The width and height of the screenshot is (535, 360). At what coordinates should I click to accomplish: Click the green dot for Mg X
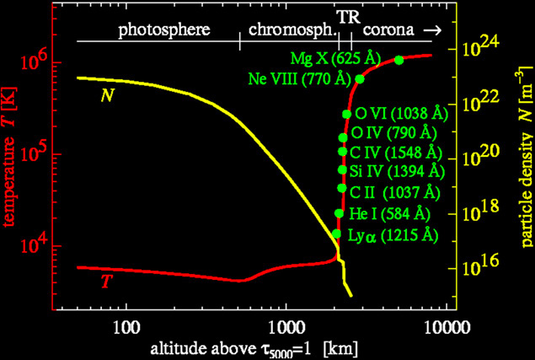pyautogui.click(x=399, y=59)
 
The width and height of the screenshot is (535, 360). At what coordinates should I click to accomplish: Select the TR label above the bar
pyautogui.click(x=345, y=16)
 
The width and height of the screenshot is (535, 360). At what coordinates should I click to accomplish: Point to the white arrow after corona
pyautogui.click(x=433, y=30)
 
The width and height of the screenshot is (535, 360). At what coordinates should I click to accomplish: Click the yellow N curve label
pyautogui.click(x=108, y=95)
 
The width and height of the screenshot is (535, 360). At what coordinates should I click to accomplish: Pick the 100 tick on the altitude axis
pyautogui.click(x=126, y=325)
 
